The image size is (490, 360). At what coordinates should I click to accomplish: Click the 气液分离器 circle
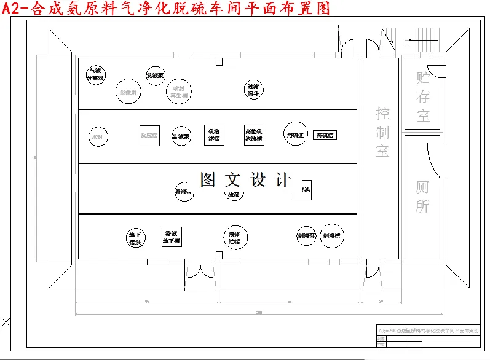(x=95, y=74)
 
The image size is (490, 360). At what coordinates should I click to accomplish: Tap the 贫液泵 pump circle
(x=155, y=76)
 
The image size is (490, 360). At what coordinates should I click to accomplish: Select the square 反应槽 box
(x=149, y=135)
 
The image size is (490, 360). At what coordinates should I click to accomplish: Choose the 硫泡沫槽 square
(x=214, y=136)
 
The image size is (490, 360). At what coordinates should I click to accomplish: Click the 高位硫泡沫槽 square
(x=254, y=136)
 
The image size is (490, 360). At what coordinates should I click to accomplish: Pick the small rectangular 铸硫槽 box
(x=325, y=135)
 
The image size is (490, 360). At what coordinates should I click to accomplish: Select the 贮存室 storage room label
(x=423, y=96)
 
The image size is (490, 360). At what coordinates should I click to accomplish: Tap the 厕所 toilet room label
(x=422, y=197)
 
